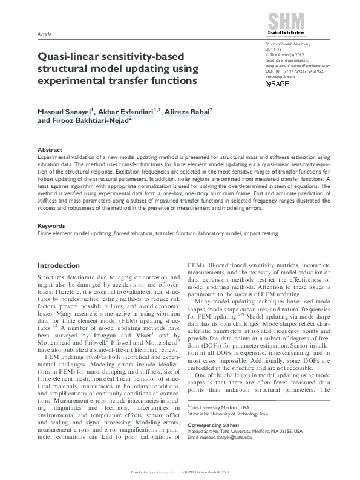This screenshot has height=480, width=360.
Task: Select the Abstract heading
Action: tap(50, 149)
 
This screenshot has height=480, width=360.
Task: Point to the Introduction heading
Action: tap(58, 265)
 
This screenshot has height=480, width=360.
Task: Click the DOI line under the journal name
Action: tap(295, 71)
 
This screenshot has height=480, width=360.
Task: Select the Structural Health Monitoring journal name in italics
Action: tap(288, 44)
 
